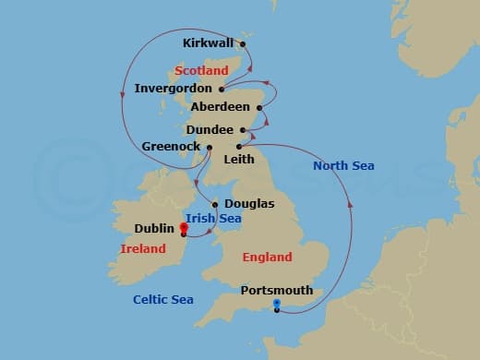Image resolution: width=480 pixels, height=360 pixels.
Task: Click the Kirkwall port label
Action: pos(209,42)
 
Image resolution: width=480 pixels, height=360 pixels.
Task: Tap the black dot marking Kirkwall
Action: pos(243,42)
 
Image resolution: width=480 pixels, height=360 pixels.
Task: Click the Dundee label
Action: pos(209,130)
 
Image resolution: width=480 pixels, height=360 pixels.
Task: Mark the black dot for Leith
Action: pos(238,147)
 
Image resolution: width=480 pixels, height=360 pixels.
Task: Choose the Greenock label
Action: pos(172,147)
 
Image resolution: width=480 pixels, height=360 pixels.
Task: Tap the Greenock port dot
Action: pos(210,147)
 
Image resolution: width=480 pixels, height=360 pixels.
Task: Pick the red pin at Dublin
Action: pos(184,227)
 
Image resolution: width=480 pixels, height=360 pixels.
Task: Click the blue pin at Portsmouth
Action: pos(276,304)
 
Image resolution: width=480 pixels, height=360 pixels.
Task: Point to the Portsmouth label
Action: pos(276,290)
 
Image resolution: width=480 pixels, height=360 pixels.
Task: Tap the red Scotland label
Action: pos(200,70)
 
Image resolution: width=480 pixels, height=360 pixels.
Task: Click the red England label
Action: pos(267,257)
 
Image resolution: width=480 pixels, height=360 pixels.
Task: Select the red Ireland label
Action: pos(143,249)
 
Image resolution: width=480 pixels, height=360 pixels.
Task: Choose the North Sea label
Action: pos(343,166)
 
